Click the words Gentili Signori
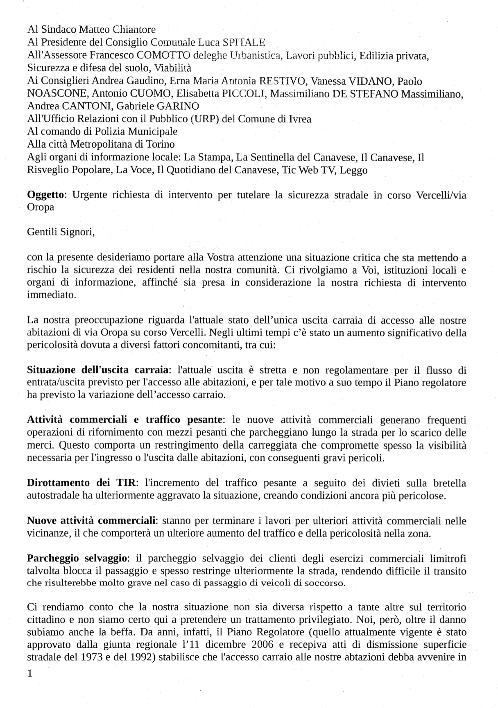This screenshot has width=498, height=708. [61, 232]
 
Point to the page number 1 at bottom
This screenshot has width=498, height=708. [29, 674]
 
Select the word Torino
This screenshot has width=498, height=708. [160, 144]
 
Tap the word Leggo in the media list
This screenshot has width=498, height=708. [353, 170]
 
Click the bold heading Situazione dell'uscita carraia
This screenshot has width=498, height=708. [98, 370]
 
